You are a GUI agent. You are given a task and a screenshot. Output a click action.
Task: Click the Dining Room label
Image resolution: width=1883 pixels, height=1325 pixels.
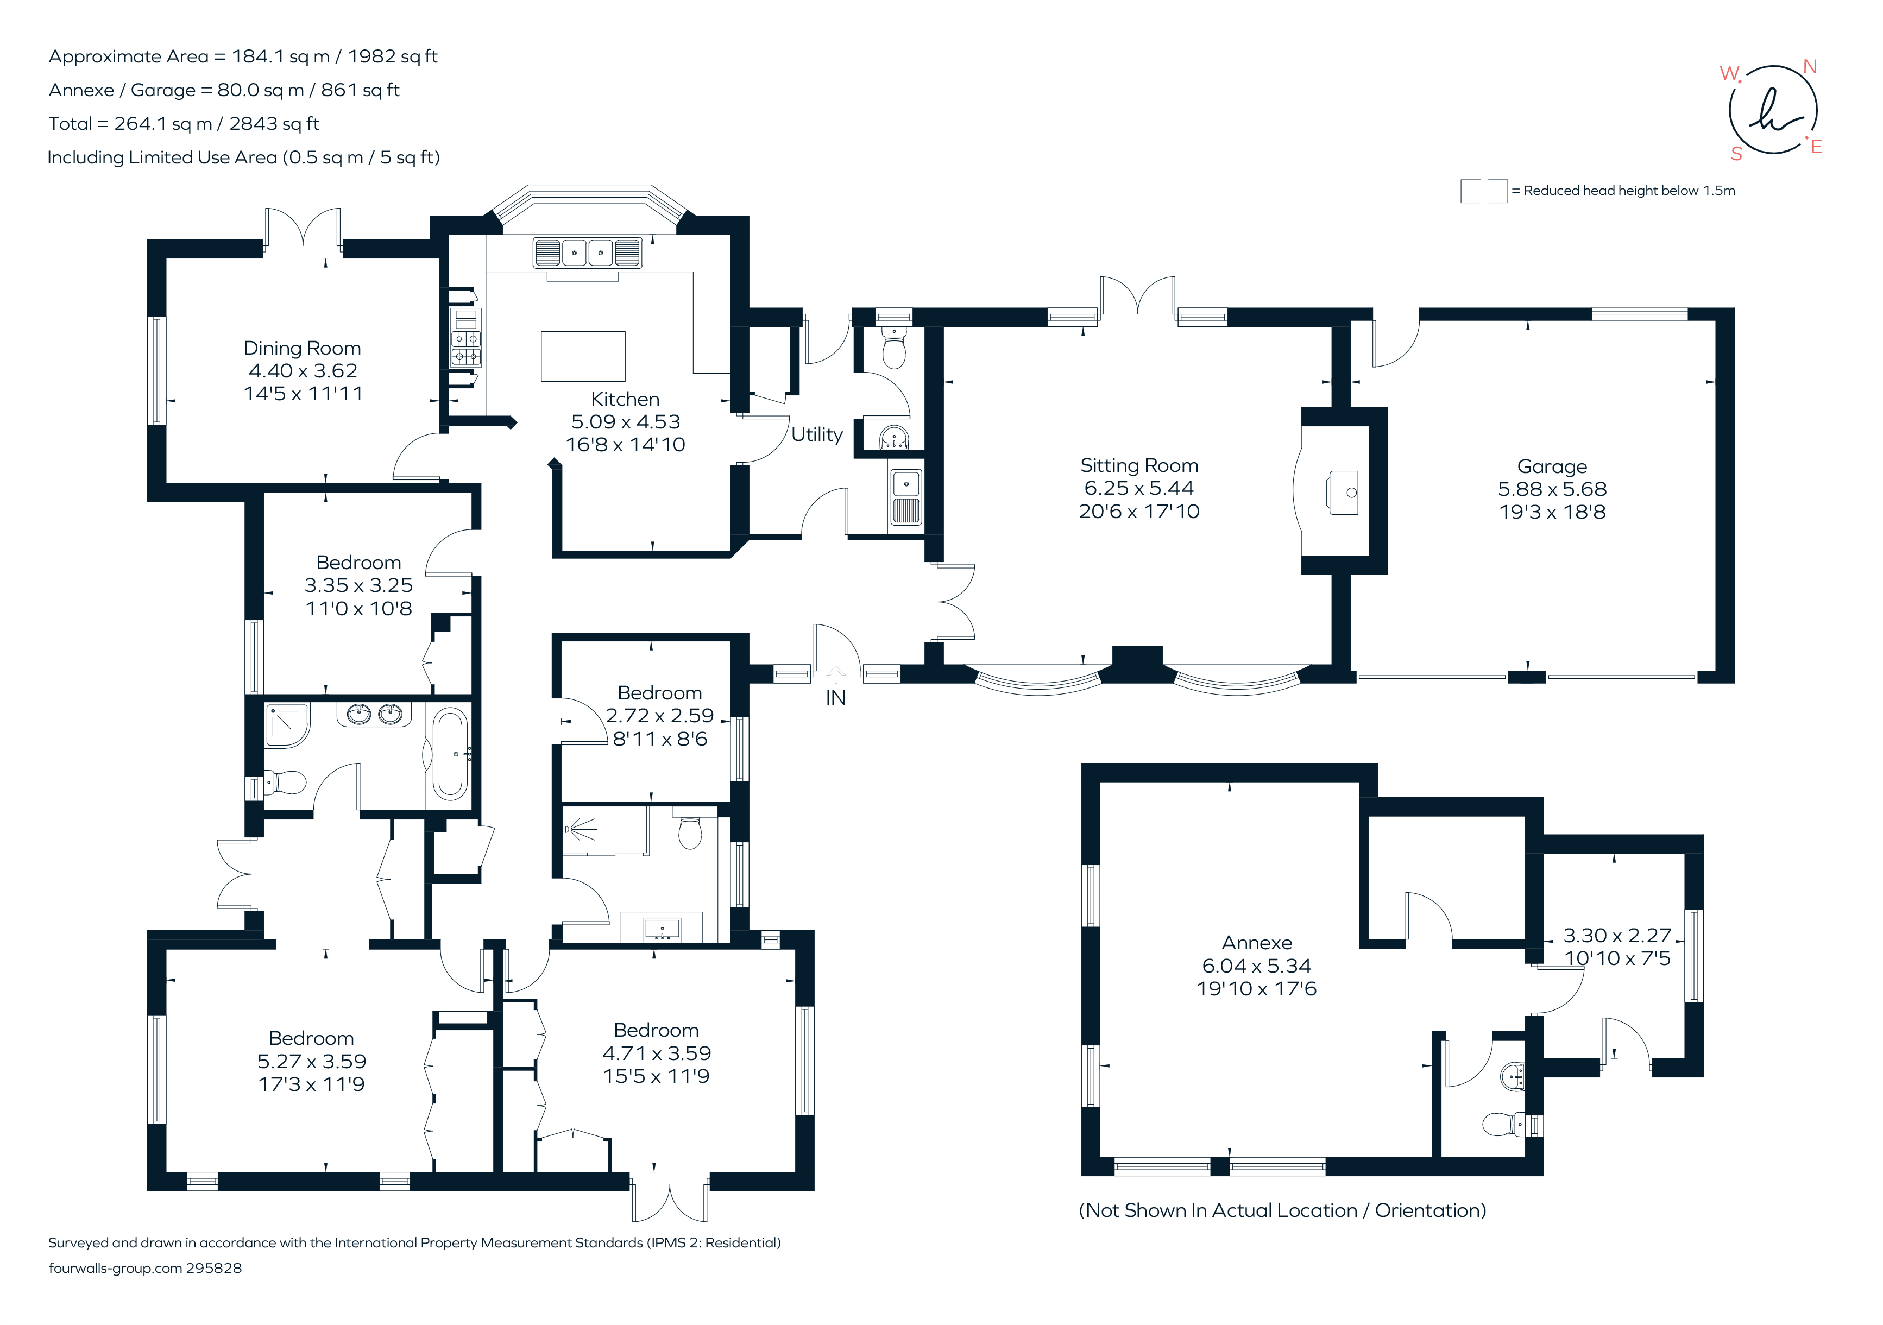(302, 349)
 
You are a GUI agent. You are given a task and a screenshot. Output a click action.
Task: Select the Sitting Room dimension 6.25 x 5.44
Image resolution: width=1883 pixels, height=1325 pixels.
(1138, 489)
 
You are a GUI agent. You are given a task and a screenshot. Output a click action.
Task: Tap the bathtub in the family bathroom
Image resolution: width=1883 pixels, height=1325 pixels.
(449, 754)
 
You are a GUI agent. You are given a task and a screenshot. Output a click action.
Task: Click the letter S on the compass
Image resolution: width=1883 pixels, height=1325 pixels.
(1736, 154)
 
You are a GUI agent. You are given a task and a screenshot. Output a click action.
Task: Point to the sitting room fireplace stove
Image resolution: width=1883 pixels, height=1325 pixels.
(1343, 492)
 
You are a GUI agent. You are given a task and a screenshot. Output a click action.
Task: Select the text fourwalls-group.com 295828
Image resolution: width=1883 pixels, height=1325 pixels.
(145, 1269)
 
